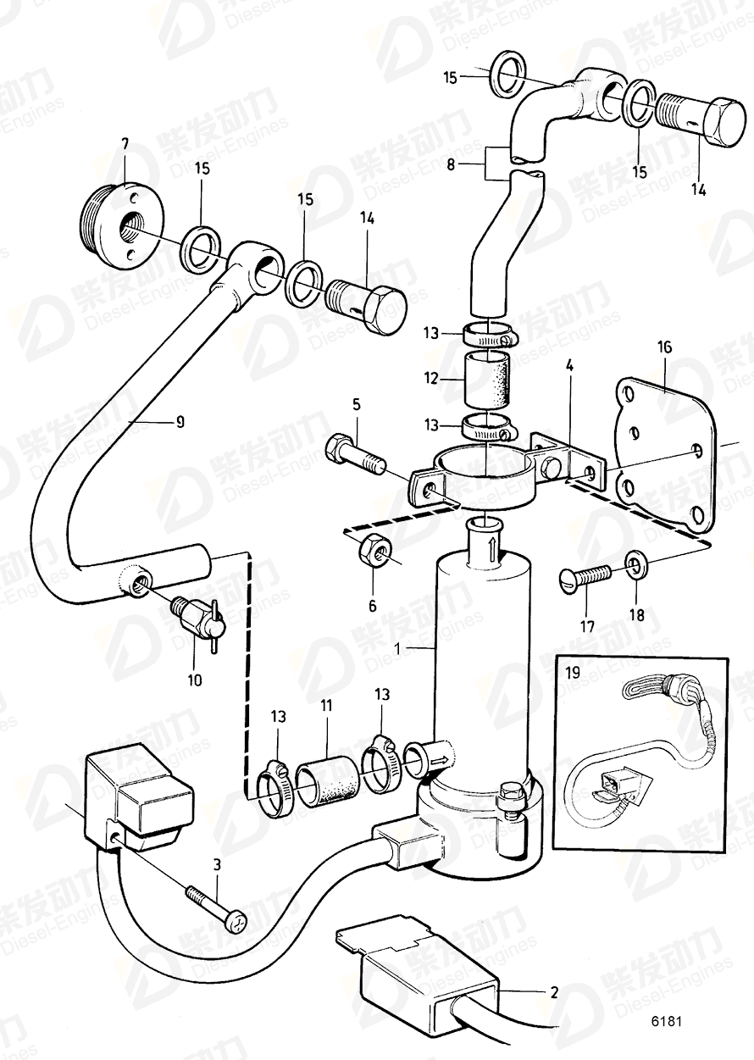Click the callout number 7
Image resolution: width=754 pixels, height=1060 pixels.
125,144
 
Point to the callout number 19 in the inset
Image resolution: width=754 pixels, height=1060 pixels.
573,674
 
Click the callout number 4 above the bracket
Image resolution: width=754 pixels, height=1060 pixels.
569,368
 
